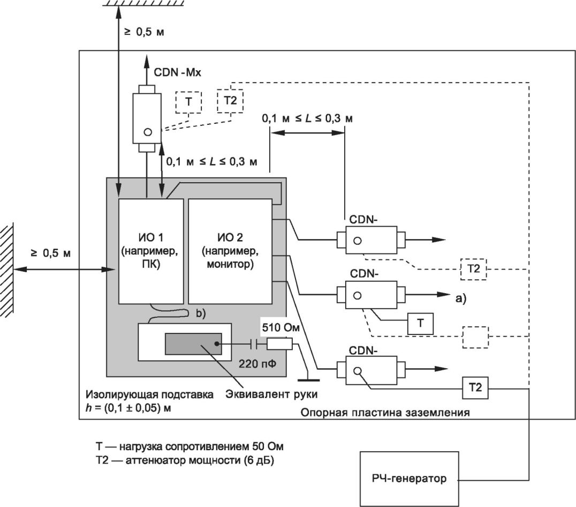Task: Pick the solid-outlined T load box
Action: click(x=420, y=323)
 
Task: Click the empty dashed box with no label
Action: click(x=475, y=337)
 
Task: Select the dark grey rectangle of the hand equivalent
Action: click(x=193, y=345)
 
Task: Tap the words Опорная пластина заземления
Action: click(x=385, y=413)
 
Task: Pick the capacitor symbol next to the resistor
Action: click(x=255, y=344)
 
